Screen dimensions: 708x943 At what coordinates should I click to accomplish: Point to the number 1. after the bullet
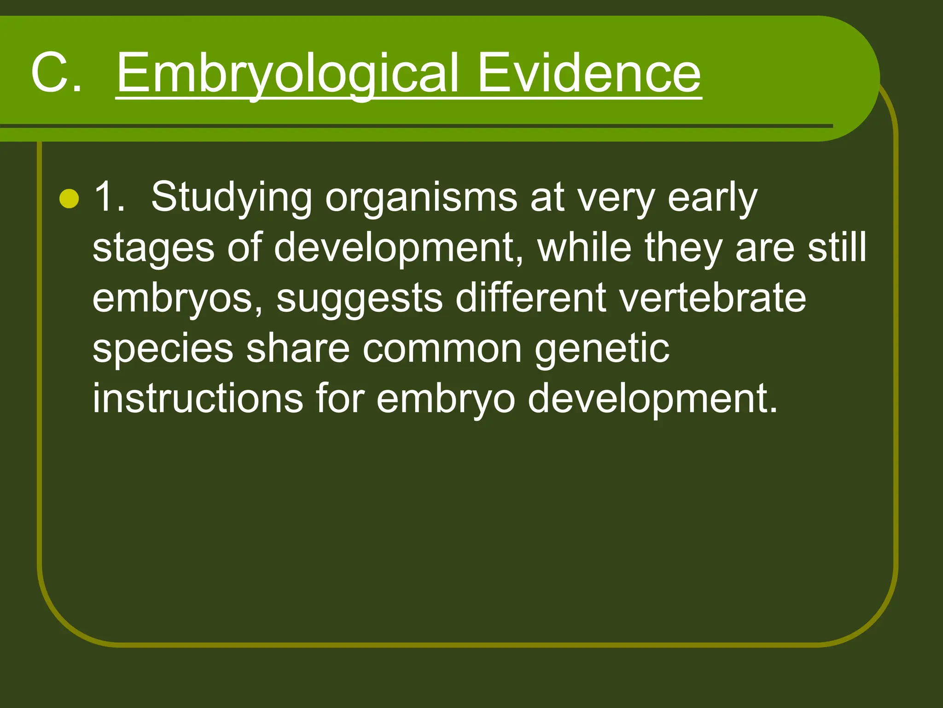109,197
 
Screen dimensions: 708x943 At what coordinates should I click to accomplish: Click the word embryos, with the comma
178,299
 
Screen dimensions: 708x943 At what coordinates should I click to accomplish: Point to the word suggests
359,299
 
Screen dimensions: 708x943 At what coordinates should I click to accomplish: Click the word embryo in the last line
446,399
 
